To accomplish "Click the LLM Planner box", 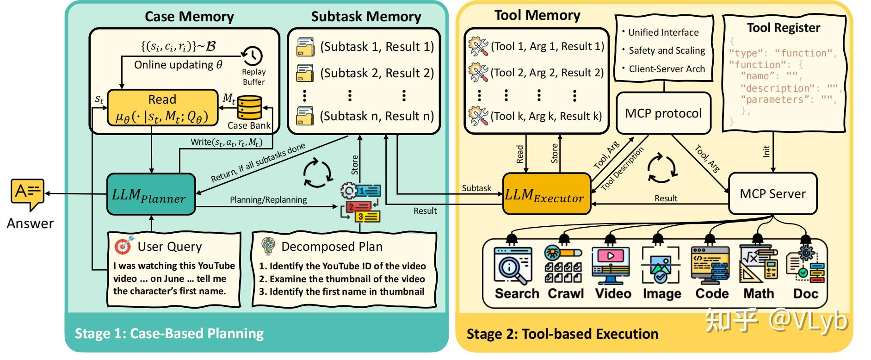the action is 151,194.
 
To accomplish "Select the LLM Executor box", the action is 546,194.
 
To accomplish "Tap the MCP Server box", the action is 772,193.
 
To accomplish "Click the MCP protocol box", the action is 663,113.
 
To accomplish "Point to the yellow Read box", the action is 162,108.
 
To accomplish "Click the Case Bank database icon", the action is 249,108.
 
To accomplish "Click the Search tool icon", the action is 512,266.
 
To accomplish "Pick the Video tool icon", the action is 611,266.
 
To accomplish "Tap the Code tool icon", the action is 710,266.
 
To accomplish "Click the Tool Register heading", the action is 783,28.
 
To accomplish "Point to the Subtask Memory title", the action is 366,17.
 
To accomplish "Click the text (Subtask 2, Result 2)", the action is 377,73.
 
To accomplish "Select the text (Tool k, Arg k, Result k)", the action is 546,116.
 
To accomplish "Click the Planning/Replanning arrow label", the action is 268,199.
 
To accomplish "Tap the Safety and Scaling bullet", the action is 664,50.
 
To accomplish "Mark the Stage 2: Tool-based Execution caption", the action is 562,334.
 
